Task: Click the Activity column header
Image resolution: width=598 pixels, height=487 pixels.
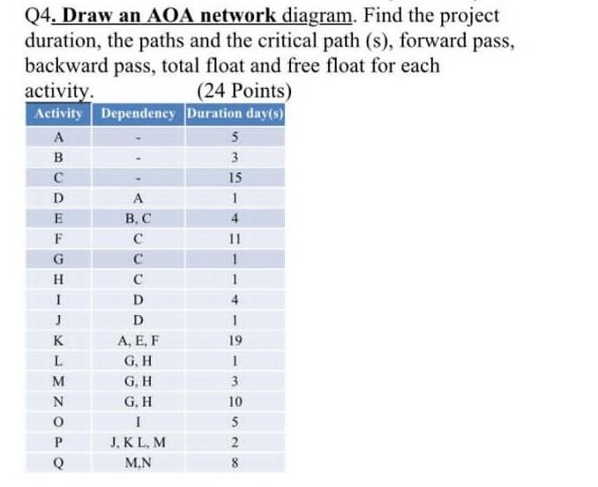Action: click(58, 115)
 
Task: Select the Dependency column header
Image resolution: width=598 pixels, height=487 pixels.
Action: click(138, 115)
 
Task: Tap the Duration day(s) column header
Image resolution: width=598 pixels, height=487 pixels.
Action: click(235, 115)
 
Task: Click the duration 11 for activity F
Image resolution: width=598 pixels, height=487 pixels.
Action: click(235, 238)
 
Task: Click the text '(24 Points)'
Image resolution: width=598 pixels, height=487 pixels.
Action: click(244, 91)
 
